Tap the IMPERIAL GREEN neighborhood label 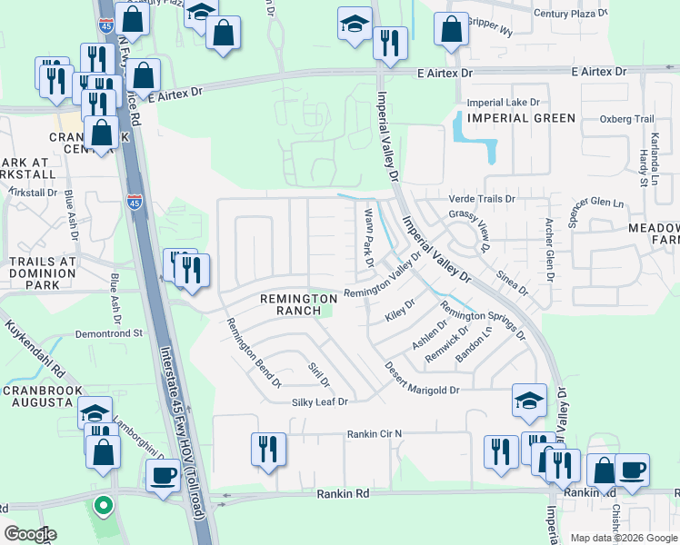click(521, 118)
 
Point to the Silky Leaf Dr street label click(320, 401)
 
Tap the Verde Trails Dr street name click(481, 198)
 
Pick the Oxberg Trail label click(626, 119)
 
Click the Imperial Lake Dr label click(503, 104)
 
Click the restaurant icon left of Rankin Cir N click(268, 449)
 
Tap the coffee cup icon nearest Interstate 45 click(164, 475)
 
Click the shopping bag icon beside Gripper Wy click(451, 29)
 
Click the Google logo click(31, 534)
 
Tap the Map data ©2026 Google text click(623, 538)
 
